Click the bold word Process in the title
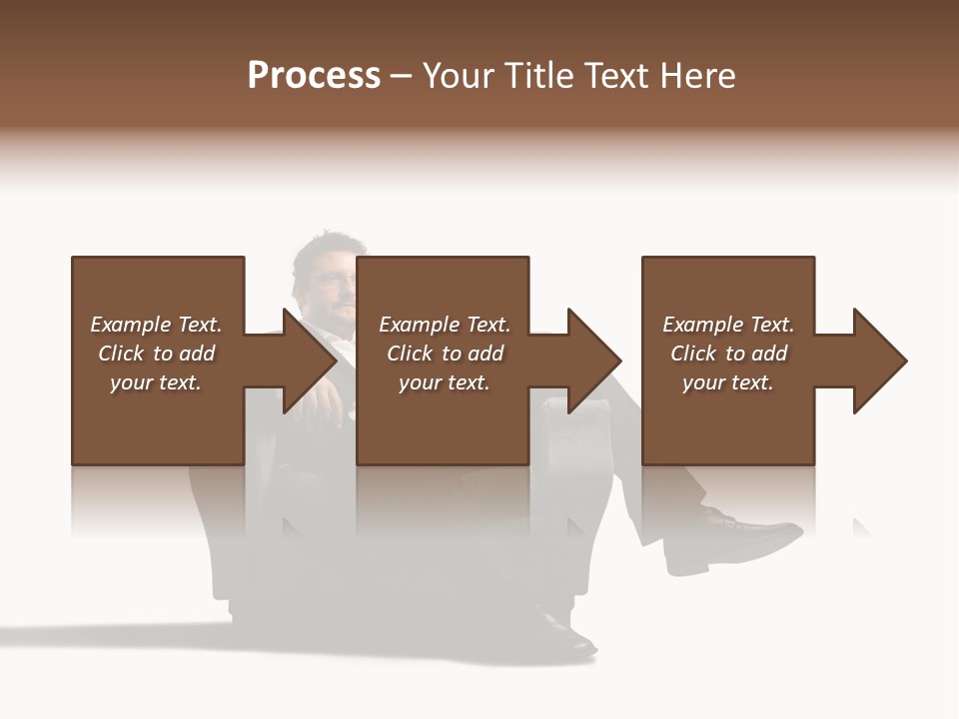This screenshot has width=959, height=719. tap(314, 76)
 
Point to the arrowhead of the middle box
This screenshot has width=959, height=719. tap(592, 360)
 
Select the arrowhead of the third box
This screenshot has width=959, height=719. tap(878, 360)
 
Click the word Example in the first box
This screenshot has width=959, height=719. tap(130, 325)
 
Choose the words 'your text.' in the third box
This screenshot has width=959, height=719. tap(727, 382)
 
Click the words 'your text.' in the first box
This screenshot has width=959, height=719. tap(155, 382)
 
